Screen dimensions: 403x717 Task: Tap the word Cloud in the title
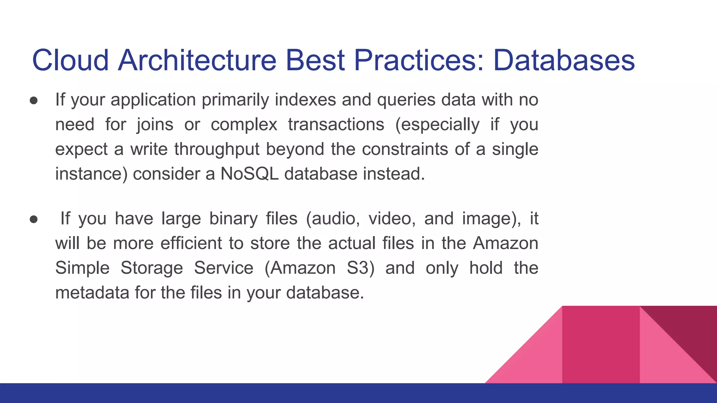(x=70, y=60)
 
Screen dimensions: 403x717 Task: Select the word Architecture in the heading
(x=197, y=60)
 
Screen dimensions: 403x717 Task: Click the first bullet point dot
(x=34, y=101)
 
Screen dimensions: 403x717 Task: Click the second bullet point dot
(x=34, y=219)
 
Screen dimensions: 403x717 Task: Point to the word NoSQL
(x=249, y=174)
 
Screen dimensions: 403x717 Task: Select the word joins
(x=155, y=125)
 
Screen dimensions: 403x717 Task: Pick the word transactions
(x=336, y=125)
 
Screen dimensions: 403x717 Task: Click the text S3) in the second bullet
(x=360, y=268)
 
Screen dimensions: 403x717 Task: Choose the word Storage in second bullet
(x=152, y=268)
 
